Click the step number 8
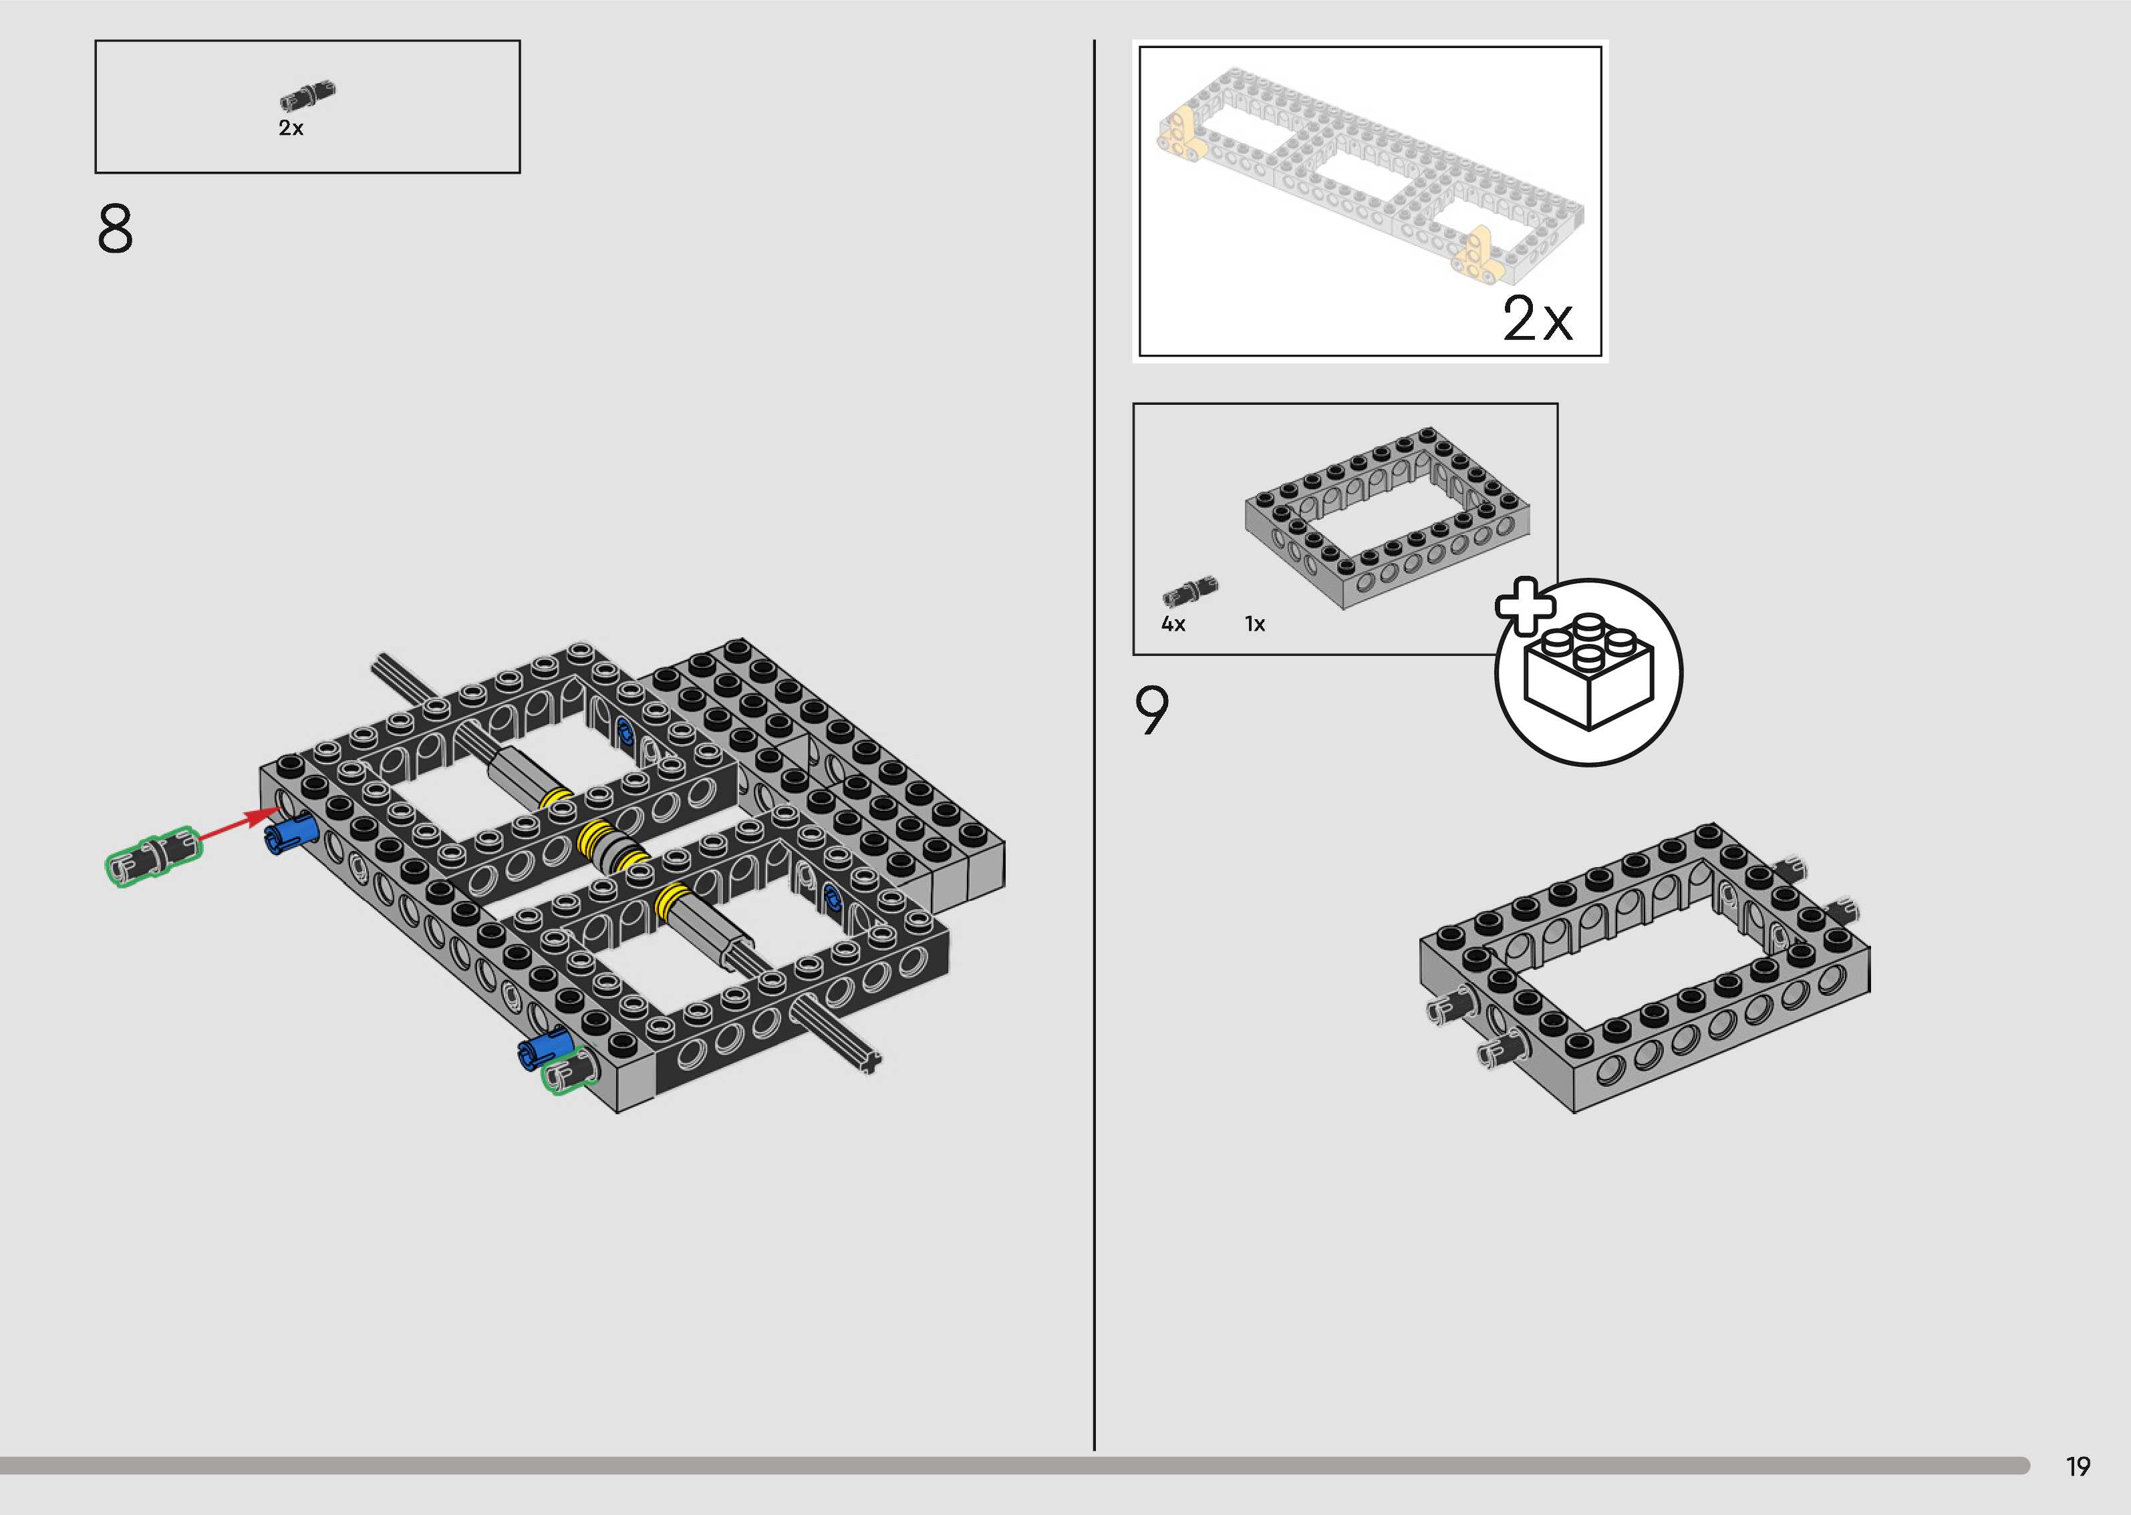point(115,230)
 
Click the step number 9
point(1151,711)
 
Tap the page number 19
point(2078,1466)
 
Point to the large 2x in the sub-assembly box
point(1537,320)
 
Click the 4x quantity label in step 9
point(1173,624)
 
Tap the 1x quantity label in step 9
point(1255,624)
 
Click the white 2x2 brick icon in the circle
point(1588,673)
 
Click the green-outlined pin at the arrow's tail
point(153,856)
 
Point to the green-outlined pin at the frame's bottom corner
point(570,1072)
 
